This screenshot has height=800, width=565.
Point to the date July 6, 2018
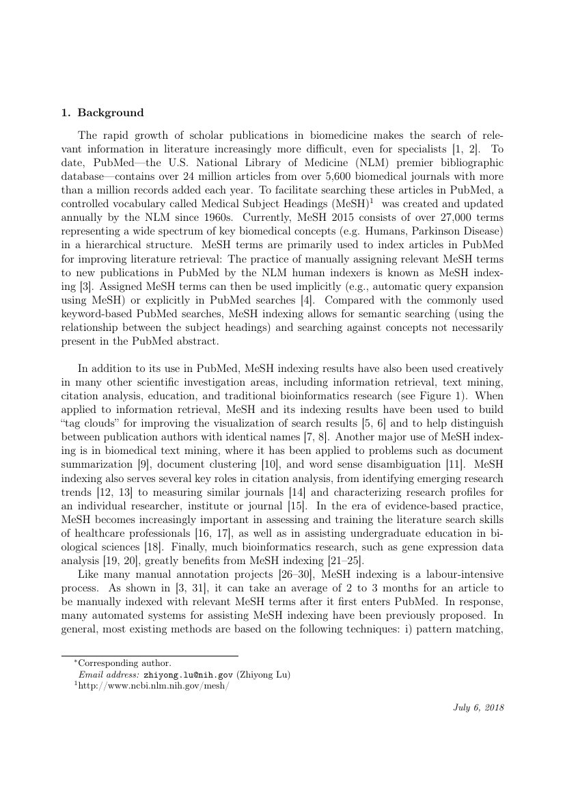[478, 708]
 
